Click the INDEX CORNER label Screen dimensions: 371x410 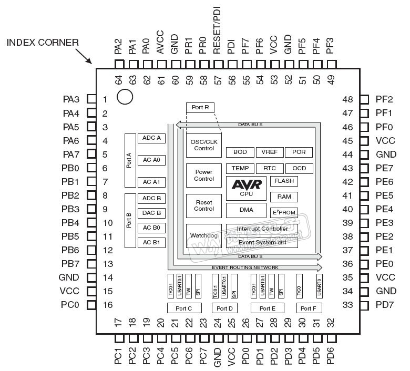coord(43,43)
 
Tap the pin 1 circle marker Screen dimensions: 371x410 coord(125,97)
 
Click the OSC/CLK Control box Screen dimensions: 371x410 coord(204,145)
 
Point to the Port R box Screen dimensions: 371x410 coord(200,107)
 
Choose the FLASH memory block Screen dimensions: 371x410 coord(284,181)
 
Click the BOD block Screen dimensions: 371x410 coord(240,152)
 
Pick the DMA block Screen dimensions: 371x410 coord(246,210)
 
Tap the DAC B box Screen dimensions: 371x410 coord(151,213)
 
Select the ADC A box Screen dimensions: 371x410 coord(151,138)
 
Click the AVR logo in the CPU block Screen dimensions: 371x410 coord(246,184)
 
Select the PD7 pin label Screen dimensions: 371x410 coord(385,305)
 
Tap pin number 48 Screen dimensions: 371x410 coord(347,99)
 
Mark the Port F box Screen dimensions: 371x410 coord(309,308)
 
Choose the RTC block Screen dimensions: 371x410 coord(269,168)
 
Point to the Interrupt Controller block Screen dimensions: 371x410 coord(262,229)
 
